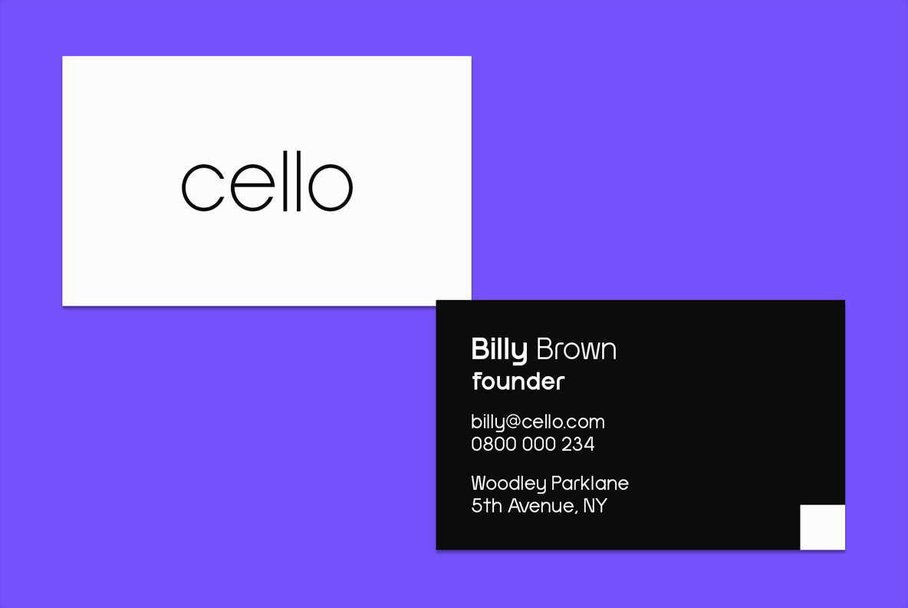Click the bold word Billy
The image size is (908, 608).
(499, 350)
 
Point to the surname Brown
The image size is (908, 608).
(576, 349)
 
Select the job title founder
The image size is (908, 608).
(518, 382)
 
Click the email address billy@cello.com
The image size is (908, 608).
(538, 422)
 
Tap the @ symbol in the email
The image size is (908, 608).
(514, 422)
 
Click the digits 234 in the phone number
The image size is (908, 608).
(578, 444)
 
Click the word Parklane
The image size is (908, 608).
(590, 483)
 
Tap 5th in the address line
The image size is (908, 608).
(486, 505)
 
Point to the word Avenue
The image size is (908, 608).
(541, 506)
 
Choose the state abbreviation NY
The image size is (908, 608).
(594, 506)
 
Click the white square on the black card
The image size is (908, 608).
(822, 527)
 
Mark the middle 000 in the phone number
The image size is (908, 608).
(539, 444)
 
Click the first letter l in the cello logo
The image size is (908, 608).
(285, 181)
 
